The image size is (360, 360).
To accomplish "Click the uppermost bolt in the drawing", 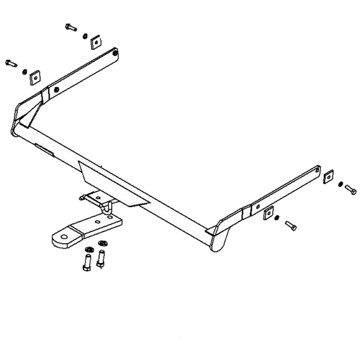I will (71, 28).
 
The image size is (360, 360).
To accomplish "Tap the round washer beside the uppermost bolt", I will (84, 35).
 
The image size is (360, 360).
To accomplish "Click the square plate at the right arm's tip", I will (328, 176).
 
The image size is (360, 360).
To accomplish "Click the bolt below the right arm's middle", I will (291, 226).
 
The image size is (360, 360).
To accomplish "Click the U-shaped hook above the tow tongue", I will (106, 207).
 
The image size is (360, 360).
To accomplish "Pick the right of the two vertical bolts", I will (101, 259).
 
